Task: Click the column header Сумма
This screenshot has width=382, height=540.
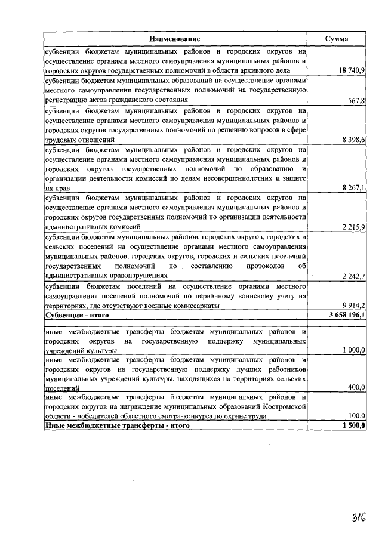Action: tap(337, 39)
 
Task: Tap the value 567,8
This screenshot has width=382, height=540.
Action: tap(356, 100)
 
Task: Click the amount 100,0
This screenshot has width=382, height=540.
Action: tap(356, 416)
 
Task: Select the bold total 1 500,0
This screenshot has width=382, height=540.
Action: tap(353, 425)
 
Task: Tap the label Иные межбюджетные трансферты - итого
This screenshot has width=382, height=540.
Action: tap(117, 425)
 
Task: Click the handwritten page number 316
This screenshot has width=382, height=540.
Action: tap(358, 514)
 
